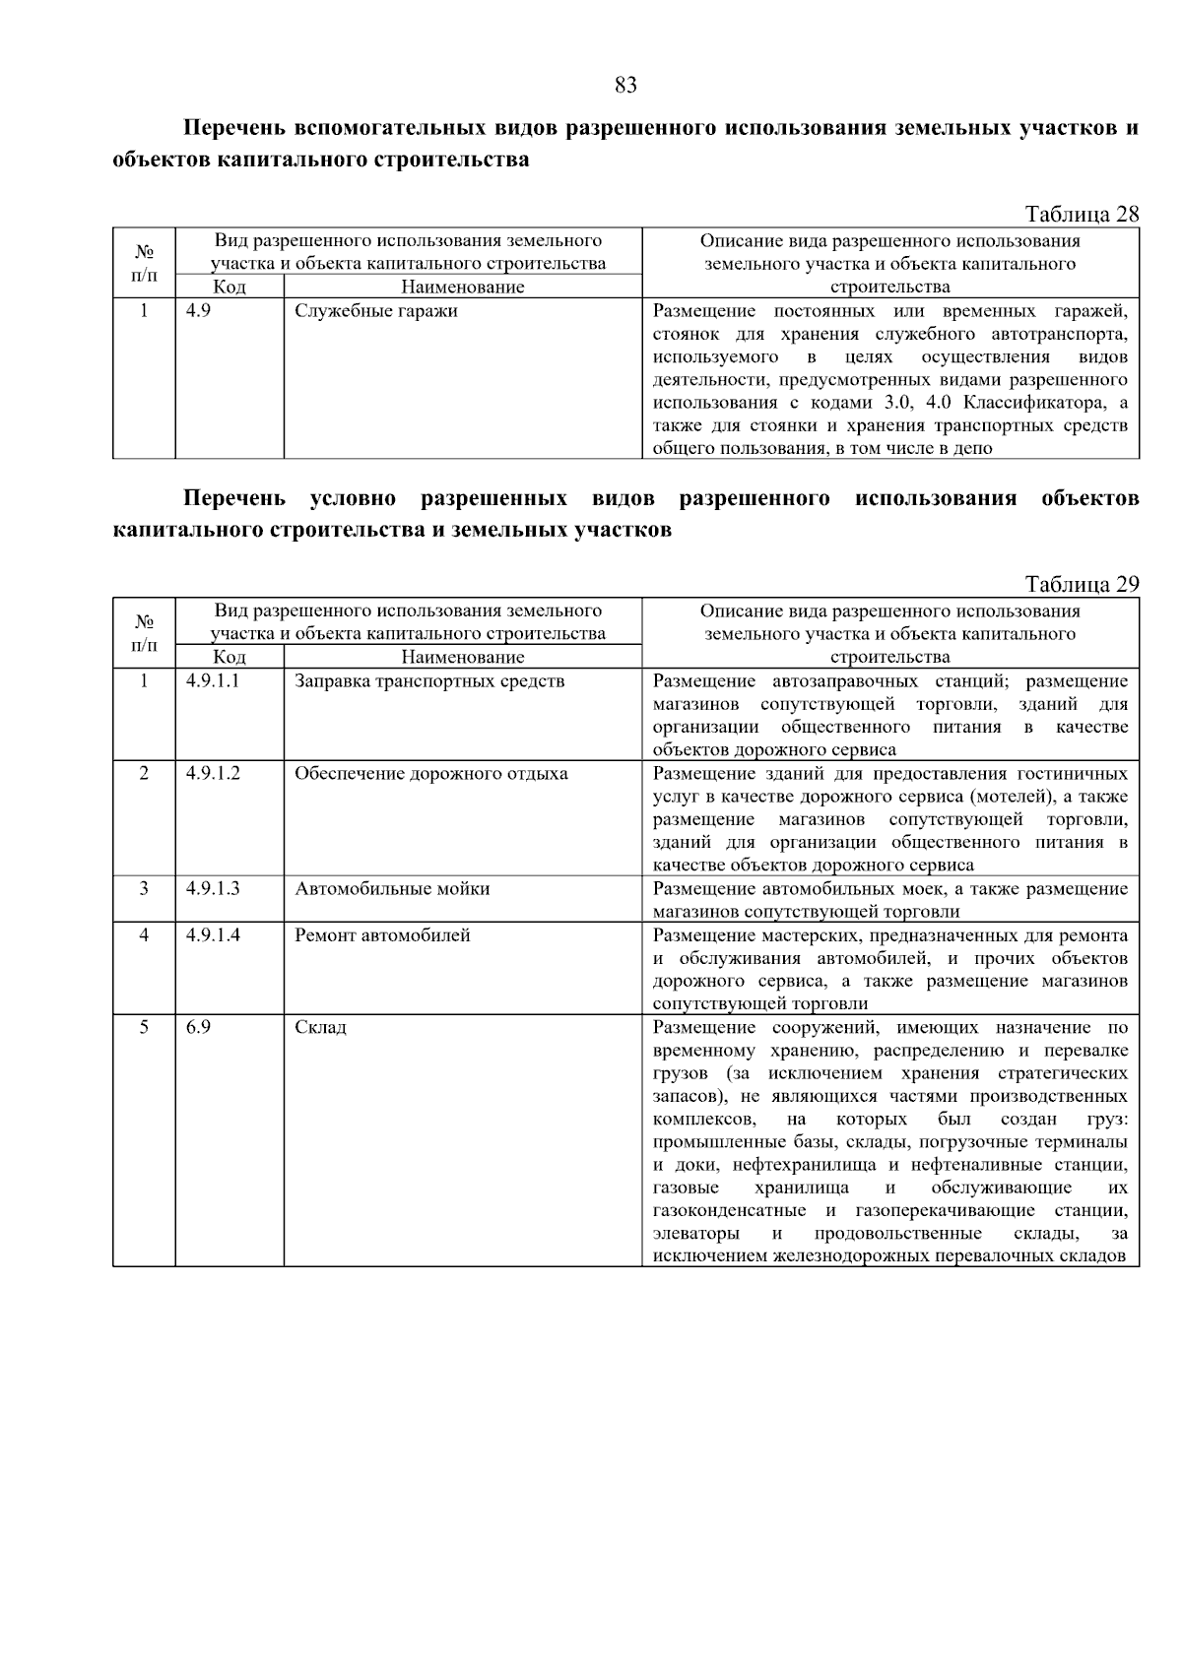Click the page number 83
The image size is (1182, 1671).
tap(625, 86)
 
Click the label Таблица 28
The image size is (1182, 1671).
tap(1082, 215)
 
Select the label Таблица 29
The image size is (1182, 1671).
tap(1082, 585)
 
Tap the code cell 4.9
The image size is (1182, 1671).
tap(198, 311)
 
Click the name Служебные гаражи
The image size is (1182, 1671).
tap(376, 311)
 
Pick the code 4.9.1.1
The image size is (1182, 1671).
tap(213, 681)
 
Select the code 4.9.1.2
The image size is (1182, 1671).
tap(213, 774)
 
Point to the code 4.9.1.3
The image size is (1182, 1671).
tap(213, 889)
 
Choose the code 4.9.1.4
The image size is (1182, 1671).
tap(213, 935)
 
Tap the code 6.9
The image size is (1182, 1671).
tap(198, 1028)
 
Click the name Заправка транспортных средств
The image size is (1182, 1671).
tap(429, 681)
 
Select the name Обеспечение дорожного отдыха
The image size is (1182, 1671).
tap(431, 774)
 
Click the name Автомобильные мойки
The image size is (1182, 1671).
tap(392, 889)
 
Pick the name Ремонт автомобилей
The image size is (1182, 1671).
tap(382, 935)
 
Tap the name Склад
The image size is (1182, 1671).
tap(320, 1028)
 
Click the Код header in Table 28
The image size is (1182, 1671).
tap(230, 288)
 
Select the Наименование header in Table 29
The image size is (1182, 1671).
tap(463, 658)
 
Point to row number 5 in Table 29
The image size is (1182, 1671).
tap(144, 1028)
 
